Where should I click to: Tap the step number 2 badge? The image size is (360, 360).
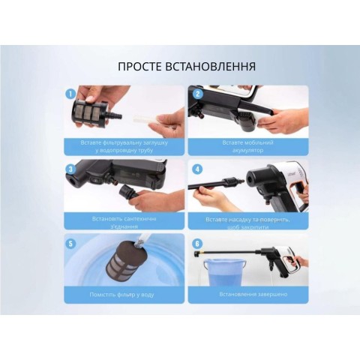(198, 94)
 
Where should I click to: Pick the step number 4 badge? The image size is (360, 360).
(198, 169)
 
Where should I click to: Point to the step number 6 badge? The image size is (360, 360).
(198, 243)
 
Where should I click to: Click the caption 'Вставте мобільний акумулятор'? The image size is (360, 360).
(247, 145)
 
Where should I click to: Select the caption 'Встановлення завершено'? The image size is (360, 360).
(247, 294)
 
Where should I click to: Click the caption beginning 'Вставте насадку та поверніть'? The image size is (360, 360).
(247, 220)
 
